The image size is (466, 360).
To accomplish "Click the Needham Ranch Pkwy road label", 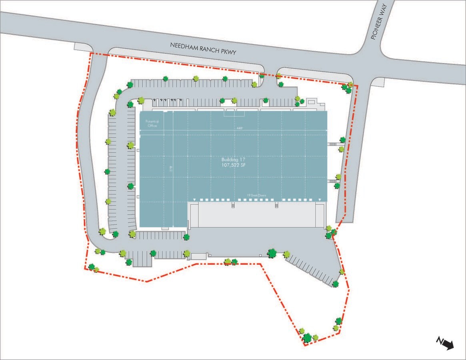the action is [x=204, y=51].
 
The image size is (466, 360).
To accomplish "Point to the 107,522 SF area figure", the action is [x=233, y=165].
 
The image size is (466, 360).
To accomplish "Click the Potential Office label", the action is [x=152, y=124].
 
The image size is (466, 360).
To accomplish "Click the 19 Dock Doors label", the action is [x=256, y=196].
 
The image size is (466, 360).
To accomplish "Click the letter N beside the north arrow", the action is [x=440, y=340].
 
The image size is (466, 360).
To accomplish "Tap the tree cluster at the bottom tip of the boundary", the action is [x=307, y=337].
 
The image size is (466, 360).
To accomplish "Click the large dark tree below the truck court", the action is [x=272, y=253].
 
